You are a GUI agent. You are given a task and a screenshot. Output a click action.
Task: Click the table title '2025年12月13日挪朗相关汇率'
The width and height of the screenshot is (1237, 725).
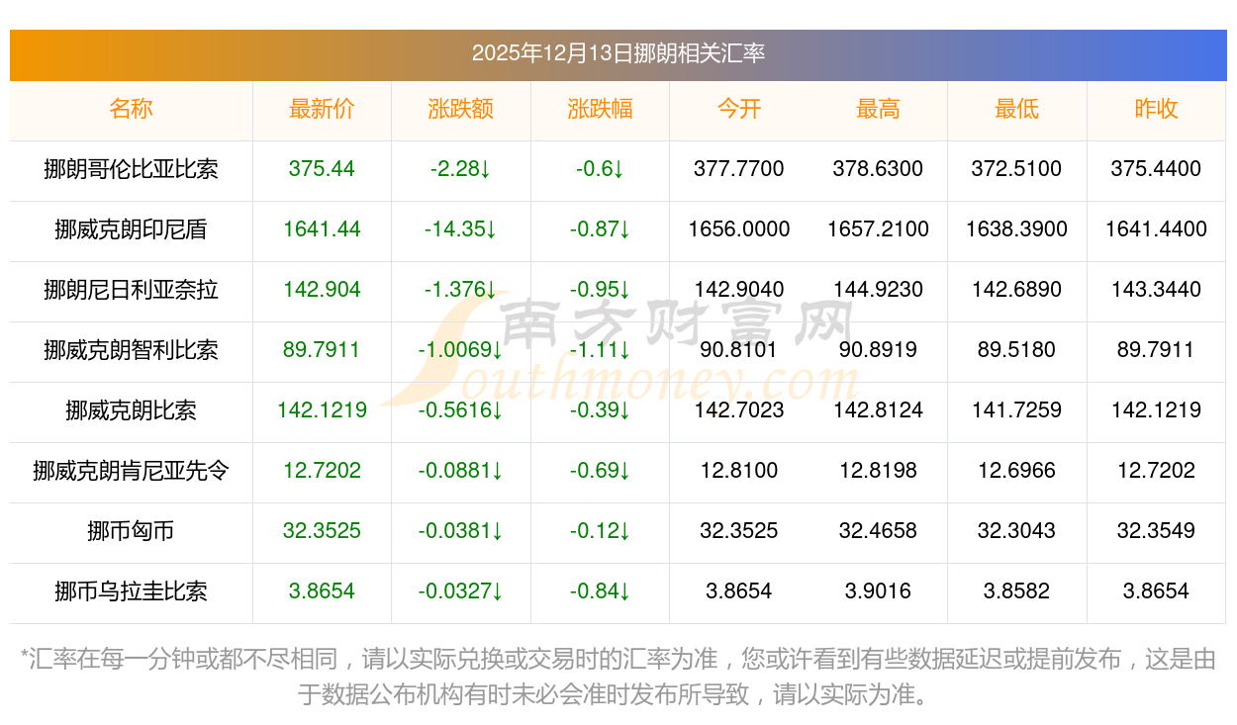click(618, 53)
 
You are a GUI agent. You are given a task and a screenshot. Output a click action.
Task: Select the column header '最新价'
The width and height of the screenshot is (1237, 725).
click(322, 109)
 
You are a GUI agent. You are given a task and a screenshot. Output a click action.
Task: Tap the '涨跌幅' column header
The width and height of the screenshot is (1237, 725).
click(600, 109)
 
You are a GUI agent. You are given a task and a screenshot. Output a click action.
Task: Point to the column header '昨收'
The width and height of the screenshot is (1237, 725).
click(1156, 109)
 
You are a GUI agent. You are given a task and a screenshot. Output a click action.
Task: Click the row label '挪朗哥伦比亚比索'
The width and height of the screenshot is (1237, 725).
click(131, 169)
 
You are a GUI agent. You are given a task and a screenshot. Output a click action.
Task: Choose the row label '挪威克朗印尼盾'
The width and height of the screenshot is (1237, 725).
click(131, 229)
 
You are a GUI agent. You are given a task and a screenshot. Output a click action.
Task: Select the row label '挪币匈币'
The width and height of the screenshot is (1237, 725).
click(131, 531)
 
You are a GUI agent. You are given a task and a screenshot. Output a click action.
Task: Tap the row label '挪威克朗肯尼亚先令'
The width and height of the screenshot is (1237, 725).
click(131, 471)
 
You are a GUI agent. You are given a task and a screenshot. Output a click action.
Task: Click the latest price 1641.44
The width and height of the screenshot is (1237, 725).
click(322, 229)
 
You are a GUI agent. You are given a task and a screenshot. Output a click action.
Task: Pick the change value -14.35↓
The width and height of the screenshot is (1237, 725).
click(460, 229)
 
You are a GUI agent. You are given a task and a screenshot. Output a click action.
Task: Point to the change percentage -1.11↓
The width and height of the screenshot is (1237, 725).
click(600, 350)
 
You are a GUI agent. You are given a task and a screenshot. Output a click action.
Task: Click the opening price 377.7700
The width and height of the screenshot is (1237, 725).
click(739, 169)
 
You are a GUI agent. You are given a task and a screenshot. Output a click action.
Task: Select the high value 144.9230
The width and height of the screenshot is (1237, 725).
click(878, 290)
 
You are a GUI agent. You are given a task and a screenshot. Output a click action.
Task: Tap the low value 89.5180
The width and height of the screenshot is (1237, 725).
click(1016, 350)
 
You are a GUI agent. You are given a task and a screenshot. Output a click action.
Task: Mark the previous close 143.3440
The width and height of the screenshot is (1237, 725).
click(1156, 290)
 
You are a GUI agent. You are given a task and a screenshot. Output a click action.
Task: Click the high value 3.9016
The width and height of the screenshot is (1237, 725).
click(878, 591)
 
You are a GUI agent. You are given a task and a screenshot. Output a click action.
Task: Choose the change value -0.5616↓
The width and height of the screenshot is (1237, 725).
click(460, 410)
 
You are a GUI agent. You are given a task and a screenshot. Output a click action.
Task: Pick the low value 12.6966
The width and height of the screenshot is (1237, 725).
click(1016, 471)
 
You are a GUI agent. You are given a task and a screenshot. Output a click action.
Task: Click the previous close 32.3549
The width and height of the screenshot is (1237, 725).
click(1156, 531)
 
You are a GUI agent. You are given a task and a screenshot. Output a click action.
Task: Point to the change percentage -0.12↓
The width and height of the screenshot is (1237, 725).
click(600, 531)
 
